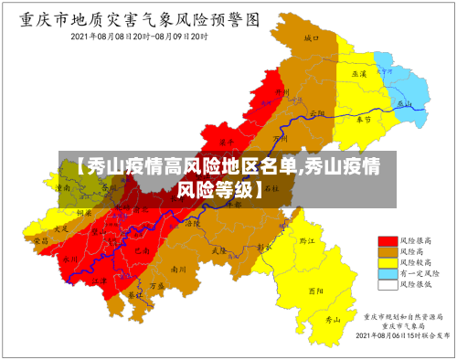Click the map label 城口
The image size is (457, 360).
point(313,38)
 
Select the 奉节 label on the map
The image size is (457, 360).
point(363,119)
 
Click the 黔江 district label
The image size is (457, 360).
point(307,241)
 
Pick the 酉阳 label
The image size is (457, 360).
point(316,291)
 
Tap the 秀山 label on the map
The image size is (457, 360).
point(335,320)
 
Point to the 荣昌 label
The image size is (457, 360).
point(40,240)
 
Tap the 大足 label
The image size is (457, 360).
point(61,228)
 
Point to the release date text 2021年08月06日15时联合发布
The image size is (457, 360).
point(402,335)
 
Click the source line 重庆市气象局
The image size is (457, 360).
point(403,325)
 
